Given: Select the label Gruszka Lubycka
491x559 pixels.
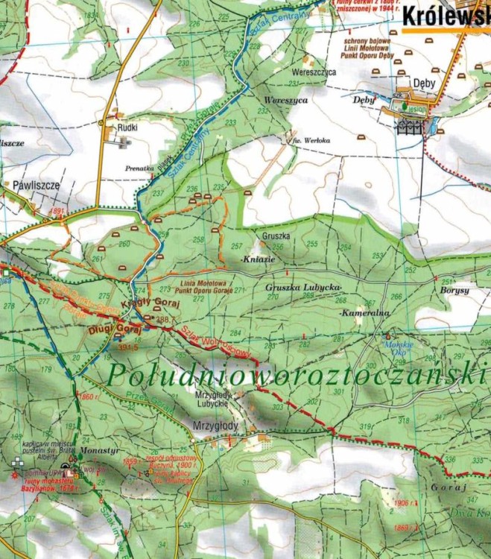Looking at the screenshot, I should pyautogui.click(x=303, y=287).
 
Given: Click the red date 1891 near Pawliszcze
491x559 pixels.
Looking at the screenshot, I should pyautogui.click(x=56, y=212).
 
